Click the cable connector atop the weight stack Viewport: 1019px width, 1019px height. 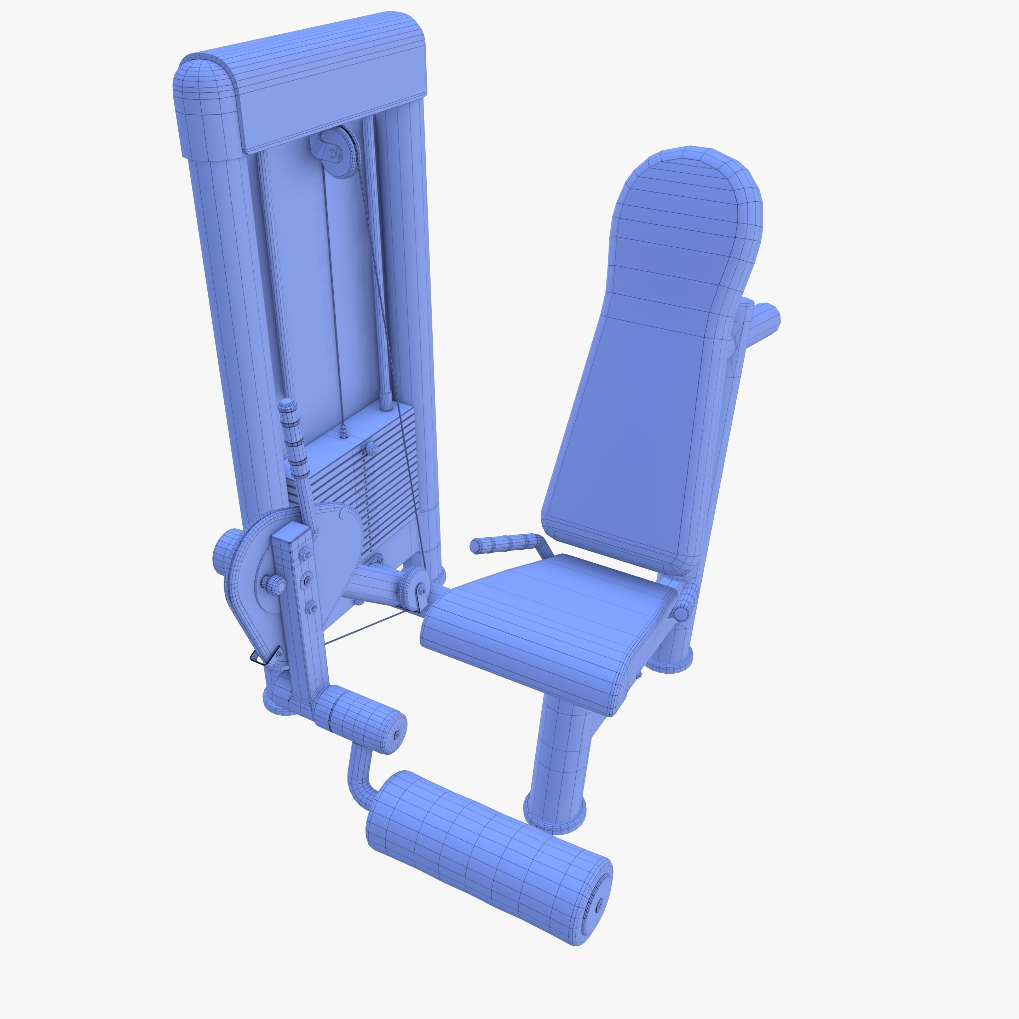[344, 431]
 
